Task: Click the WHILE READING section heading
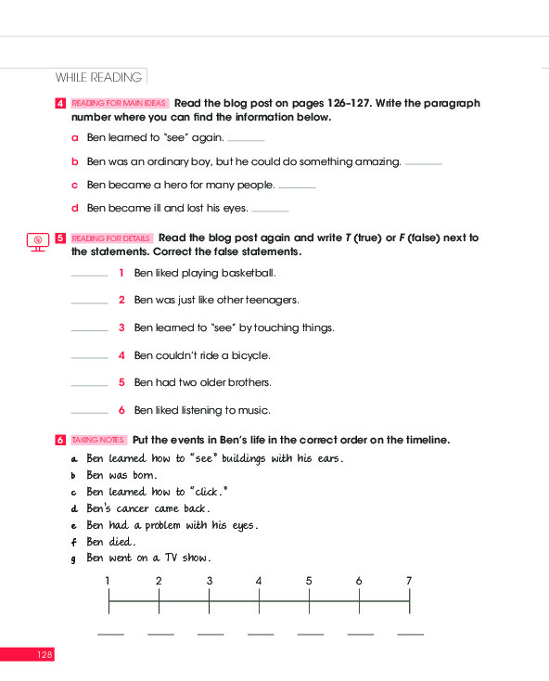[98, 77]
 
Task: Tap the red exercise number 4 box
[60, 104]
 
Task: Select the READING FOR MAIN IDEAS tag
[120, 104]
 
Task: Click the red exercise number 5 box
[60, 238]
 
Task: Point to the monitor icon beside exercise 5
[37, 241]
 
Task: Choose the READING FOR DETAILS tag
[111, 238]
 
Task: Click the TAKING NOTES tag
[98, 440]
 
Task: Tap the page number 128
[45, 655]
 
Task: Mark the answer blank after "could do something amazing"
[424, 164]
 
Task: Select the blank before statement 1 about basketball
[89, 276]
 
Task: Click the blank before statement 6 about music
[89, 412]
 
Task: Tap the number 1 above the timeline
[109, 581]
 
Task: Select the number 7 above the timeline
[408, 581]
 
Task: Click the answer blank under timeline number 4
[260, 635]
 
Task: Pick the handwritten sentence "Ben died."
[111, 542]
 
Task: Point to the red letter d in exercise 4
[75, 209]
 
